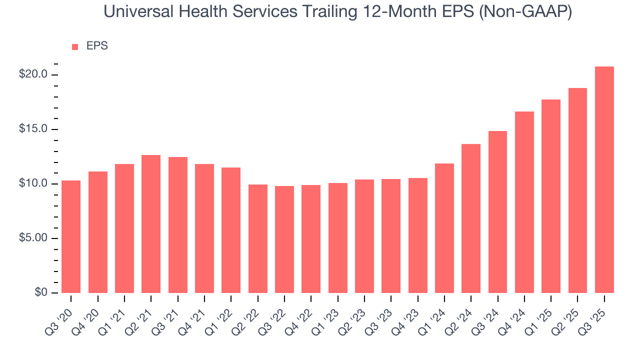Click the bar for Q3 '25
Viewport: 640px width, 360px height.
point(604,180)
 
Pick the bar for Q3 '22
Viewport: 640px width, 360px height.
point(284,239)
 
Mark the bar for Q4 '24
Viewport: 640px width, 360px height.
point(524,202)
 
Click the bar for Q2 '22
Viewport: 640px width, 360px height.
point(257,238)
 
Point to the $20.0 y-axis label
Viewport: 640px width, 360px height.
point(33,74)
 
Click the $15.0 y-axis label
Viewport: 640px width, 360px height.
point(33,129)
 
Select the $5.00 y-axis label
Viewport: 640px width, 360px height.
point(33,238)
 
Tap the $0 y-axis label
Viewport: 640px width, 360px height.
point(41,292)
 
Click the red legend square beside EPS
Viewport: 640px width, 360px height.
point(75,46)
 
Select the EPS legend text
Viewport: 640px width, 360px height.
point(97,46)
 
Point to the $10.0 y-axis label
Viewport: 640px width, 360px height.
point(33,183)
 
